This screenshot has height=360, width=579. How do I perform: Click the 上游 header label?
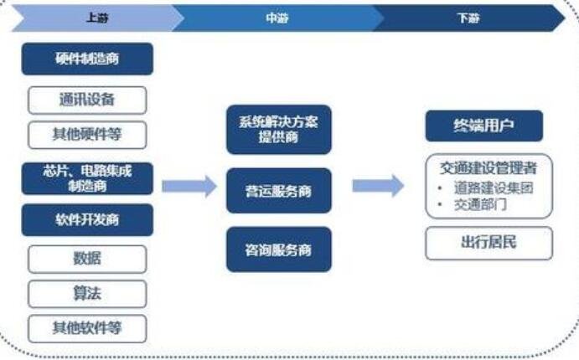coord(96,18)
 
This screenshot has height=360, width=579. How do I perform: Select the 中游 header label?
coord(277,18)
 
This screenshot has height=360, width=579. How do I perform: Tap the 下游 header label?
coord(468,18)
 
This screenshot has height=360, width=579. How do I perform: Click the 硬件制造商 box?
coord(87,59)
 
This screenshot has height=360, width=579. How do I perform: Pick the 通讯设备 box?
coord(87,100)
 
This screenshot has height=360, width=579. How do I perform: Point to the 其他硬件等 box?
coord(87,134)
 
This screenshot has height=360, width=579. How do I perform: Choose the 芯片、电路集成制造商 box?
coord(87,178)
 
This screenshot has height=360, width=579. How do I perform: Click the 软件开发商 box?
coord(87,219)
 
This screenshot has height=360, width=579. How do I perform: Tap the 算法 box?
coord(87,293)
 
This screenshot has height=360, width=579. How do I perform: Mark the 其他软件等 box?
coord(87,327)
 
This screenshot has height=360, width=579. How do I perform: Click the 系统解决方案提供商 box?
coord(278,129)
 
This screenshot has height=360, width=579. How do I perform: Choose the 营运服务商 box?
coord(278,190)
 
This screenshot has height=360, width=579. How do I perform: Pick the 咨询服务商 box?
coord(278,249)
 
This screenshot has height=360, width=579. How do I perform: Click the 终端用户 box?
coord(483,126)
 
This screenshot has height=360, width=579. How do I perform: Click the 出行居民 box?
coord(488,243)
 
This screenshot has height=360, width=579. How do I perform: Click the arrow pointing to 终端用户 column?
coord(378,186)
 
